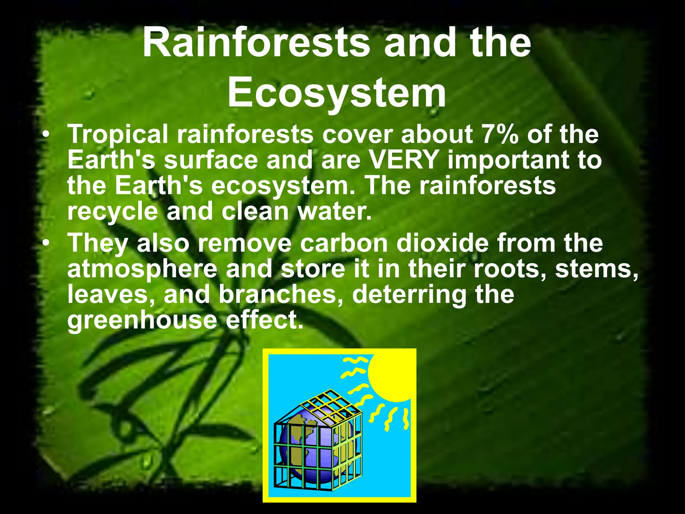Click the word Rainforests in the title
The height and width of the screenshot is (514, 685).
pyautogui.click(x=256, y=44)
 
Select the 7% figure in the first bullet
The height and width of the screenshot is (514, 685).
pyautogui.click(x=500, y=135)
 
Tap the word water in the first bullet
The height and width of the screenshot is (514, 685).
pyautogui.click(x=334, y=211)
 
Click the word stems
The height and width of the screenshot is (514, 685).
pyautogui.click(x=596, y=269)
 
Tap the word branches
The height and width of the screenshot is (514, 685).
pyautogui.click(x=280, y=294)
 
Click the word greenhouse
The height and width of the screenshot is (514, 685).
pyautogui.click(x=142, y=321)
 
